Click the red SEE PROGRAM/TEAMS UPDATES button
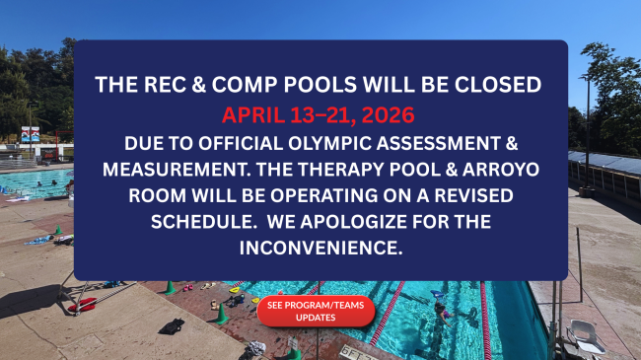[x=316, y=311]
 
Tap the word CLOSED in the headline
[x=498, y=85]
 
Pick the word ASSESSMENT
[x=463, y=140]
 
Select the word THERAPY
[x=368, y=168]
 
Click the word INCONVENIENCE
[x=320, y=249]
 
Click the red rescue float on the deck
[x=83, y=305]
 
